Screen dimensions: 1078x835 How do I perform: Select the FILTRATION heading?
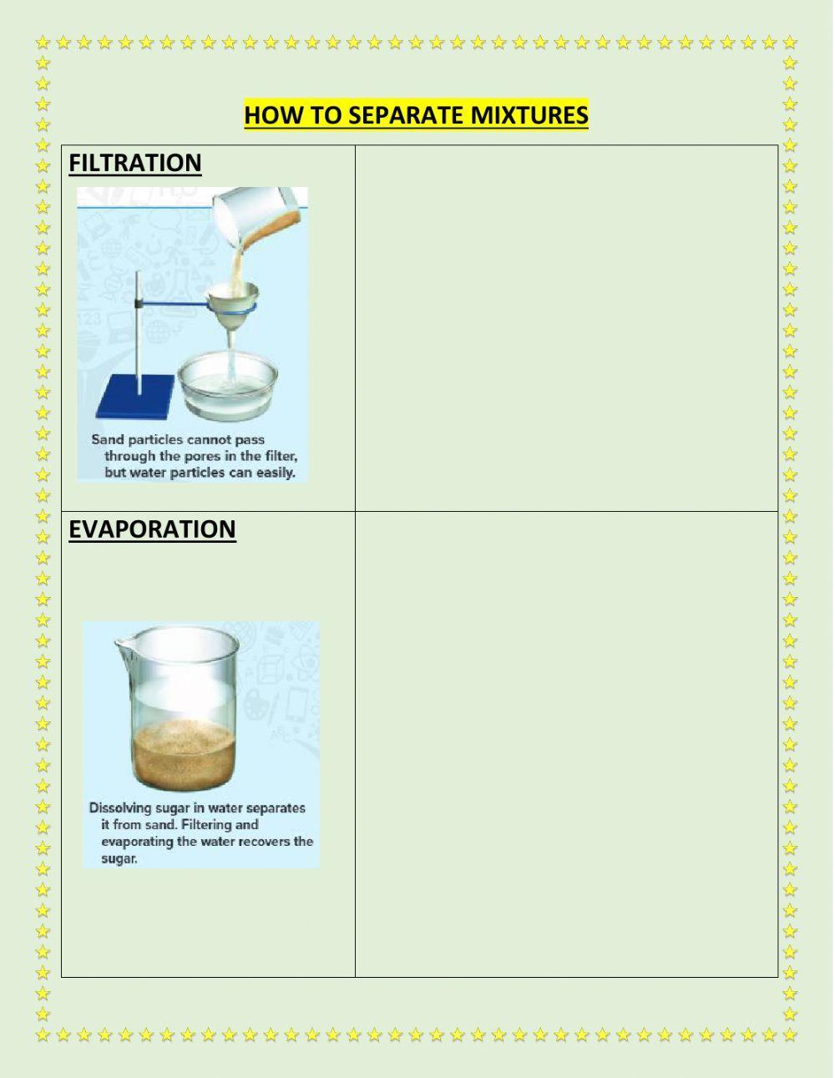click(x=134, y=163)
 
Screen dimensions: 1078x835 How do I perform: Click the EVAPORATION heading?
click(x=152, y=529)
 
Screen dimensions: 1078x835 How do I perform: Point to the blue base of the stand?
click(x=136, y=397)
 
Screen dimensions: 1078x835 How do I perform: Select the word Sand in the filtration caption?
click(x=107, y=439)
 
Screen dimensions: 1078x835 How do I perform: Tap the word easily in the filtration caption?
click(x=276, y=473)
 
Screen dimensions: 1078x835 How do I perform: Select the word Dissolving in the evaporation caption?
click(x=120, y=808)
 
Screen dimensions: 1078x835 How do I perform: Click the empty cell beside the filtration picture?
click(x=566, y=327)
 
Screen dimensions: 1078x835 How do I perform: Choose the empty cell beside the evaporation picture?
click(x=566, y=743)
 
